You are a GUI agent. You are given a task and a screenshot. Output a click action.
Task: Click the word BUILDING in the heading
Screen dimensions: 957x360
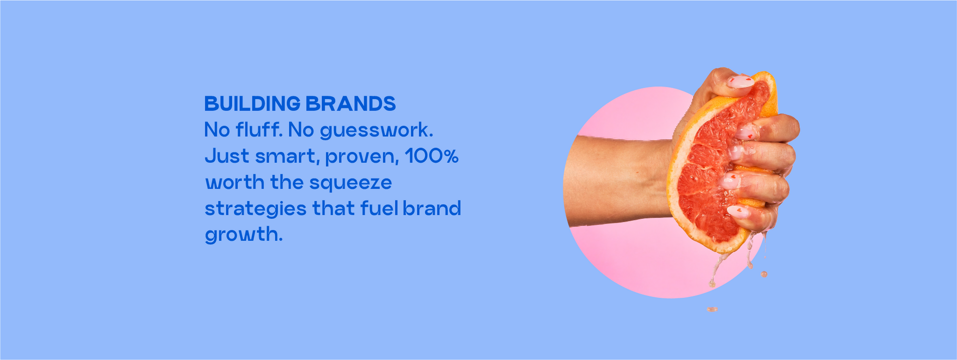(x=252, y=104)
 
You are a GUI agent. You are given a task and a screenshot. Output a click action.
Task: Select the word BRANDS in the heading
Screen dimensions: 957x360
(x=351, y=104)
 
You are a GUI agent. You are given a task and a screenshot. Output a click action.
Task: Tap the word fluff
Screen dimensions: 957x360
(x=259, y=130)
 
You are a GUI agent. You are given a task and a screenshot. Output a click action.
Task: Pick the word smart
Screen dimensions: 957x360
(x=287, y=157)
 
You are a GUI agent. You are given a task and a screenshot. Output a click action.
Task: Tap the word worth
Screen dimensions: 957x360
(x=235, y=182)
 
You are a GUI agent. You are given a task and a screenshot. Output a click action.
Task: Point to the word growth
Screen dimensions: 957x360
(x=244, y=235)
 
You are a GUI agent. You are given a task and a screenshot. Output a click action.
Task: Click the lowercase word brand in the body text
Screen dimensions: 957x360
(x=432, y=208)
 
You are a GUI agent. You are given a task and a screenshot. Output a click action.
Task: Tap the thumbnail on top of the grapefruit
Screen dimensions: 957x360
(x=739, y=81)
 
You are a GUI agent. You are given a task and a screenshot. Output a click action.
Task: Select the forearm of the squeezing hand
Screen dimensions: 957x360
(x=617, y=181)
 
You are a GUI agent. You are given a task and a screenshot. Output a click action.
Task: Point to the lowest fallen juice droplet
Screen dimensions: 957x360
(x=712, y=309)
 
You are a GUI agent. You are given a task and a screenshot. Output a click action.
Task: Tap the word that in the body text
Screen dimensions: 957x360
(x=334, y=208)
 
